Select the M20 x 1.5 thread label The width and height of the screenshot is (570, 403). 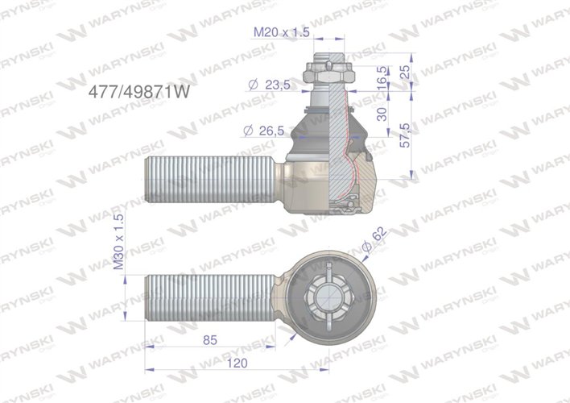282,32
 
